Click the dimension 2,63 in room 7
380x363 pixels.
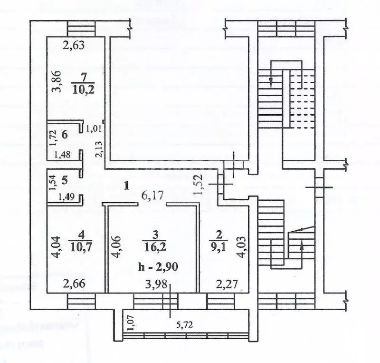tap(75, 46)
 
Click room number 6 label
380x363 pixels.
tap(65, 134)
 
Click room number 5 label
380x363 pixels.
tap(65, 180)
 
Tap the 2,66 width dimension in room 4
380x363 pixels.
tap(75, 285)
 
